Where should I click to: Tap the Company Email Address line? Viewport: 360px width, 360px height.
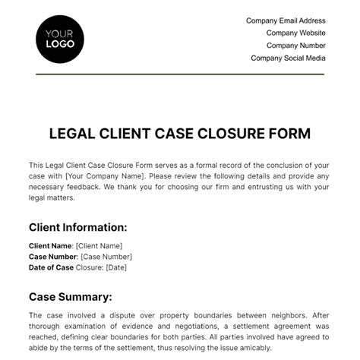(286, 21)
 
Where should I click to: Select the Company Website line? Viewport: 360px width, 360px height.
(295, 33)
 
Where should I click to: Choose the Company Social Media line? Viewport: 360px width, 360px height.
(288, 58)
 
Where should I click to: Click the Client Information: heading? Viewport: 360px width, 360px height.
(77, 227)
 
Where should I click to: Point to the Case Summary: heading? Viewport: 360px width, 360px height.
(70, 297)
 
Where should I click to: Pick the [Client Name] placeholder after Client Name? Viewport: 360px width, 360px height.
(98, 246)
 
